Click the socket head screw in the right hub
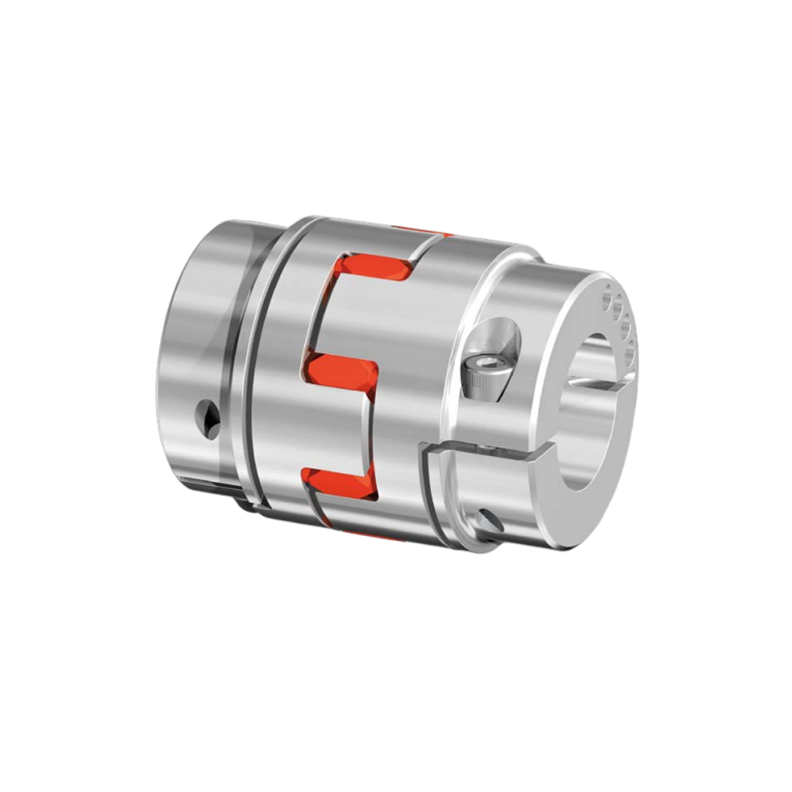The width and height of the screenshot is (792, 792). click(485, 377)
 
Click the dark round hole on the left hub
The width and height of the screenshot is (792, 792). click(210, 419)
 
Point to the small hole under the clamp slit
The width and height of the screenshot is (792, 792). click(489, 521)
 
